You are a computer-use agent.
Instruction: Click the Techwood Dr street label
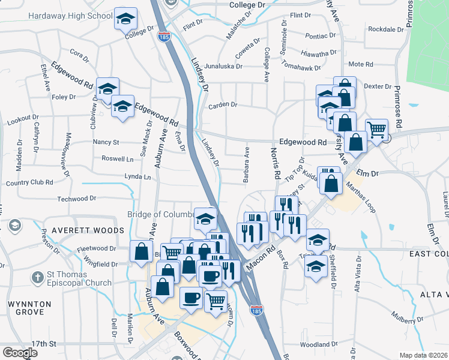click(76, 199)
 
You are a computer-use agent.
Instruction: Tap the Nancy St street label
click(106, 143)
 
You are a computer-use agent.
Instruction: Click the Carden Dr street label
click(223, 105)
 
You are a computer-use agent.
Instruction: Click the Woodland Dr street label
click(320, 344)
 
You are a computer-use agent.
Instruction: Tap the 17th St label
click(44, 344)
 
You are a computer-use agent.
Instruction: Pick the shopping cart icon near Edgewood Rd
click(376, 129)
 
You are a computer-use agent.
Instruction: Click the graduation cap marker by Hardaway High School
click(125, 19)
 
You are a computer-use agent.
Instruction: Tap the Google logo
click(20, 353)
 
